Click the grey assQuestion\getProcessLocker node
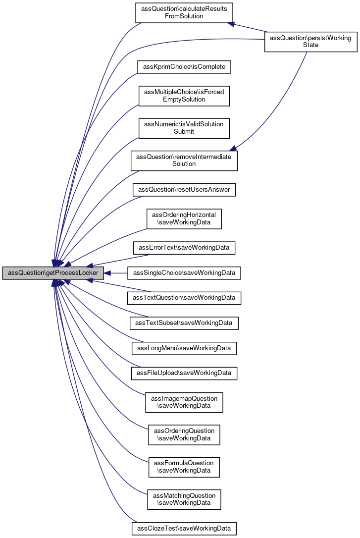point(53,273)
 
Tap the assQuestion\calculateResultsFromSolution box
point(184,12)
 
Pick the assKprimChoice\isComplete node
point(184,66)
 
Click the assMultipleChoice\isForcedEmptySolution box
point(184,96)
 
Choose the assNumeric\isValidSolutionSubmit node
point(184,128)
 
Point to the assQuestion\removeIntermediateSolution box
point(184,160)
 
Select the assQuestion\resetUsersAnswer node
point(184,190)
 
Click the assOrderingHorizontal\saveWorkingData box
point(184,218)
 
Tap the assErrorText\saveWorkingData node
point(184,247)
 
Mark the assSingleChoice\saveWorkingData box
point(184,273)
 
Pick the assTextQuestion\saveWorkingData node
point(184,298)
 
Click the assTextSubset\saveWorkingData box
point(184,323)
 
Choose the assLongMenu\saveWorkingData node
point(184,348)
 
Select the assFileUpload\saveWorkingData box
point(184,373)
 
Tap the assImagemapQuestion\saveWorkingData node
point(184,402)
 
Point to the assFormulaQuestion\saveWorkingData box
point(184,467)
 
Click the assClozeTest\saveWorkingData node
point(184,528)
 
